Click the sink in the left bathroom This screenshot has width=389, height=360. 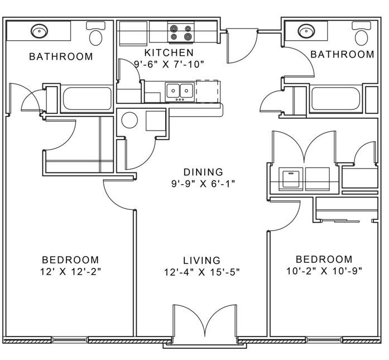(x=39, y=31)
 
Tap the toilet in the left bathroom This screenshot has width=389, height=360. (x=95, y=33)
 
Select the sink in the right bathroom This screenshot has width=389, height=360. (x=306, y=31)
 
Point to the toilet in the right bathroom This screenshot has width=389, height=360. (x=362, y=33)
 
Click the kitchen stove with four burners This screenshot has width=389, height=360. (x=181, y=32)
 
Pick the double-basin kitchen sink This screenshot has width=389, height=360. (x=180, y=92)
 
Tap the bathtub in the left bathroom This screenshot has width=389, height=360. (x=87, y=98)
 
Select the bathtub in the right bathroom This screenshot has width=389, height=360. (x=336, y=98)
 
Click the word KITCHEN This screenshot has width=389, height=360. (x=169, y=52)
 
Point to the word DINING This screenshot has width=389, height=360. (x=203, y=172)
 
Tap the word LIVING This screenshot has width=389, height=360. (x=201, y=260)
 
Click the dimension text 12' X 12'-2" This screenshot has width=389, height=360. (x=71, y=272)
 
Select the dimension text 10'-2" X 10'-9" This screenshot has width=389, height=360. (x=324, y=271)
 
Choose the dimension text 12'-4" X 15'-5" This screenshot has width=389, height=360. (x=202, y=272)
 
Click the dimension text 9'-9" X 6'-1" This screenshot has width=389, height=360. (x=203, y=184)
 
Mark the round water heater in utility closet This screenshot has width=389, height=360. (x=129, y=120)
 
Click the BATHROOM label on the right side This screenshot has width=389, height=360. (x=342, y=54)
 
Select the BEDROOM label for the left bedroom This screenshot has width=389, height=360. (x=70, y=260)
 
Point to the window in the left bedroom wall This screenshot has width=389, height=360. (x=70, y=339)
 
